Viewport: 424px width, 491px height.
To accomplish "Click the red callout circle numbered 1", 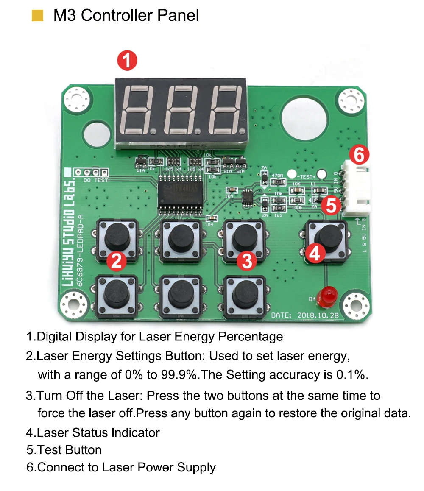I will tap(127, 61).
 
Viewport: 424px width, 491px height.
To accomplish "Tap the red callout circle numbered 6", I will tap(359, 156).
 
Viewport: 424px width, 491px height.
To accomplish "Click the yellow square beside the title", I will tap(38, 16).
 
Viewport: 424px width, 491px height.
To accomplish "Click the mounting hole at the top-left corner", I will tap(78, 100).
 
